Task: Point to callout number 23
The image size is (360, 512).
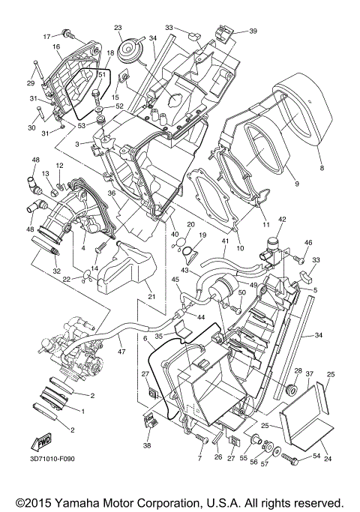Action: tap(118, 28)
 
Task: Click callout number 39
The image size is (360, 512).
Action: tap(253, 31)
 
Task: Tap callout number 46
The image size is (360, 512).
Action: tap(307, 244)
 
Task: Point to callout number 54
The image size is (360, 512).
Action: tap(316, 456)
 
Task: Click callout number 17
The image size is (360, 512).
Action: tap(46, 35)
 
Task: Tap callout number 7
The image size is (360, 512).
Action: tap(200, 457)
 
